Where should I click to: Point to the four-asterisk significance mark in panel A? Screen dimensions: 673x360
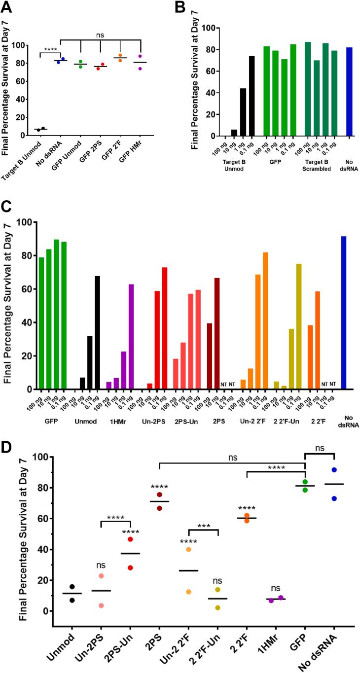[50, 48]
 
